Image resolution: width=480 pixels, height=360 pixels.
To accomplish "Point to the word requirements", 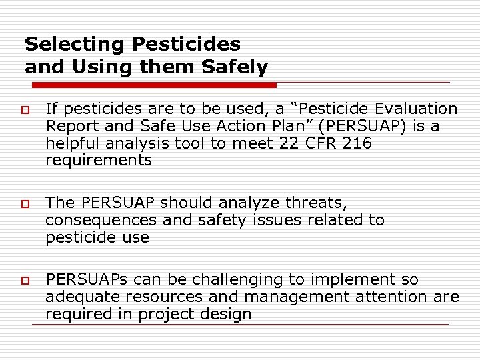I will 99,161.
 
